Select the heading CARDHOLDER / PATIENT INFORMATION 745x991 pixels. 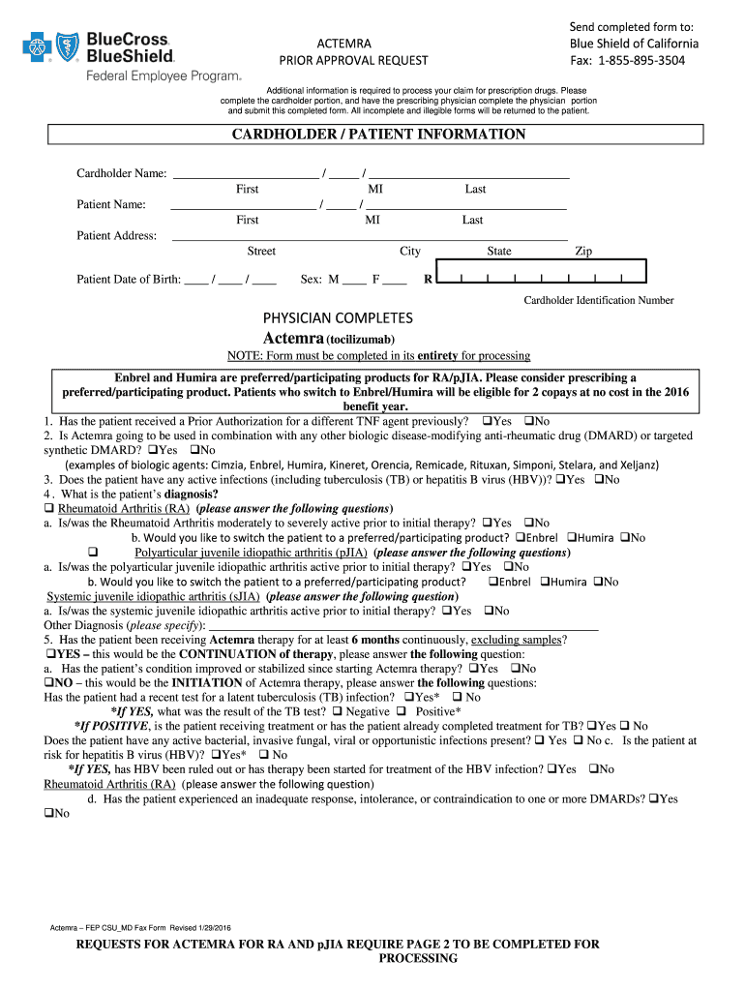(x=378, y=135)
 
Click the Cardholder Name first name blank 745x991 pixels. (x=245, y=173)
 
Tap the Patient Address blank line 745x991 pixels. (x=369, y=235)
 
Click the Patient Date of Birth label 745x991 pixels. (x=129, y=280)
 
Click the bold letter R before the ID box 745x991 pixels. (x=428, y=280)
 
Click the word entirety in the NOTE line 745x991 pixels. (x=436, y=356)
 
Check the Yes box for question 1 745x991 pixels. (x=486, y=421)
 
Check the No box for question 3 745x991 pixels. (x=598, y=479)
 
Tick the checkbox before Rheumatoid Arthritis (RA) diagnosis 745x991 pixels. (x=49, y=508)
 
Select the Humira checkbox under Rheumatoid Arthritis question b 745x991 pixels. (x=571, y=537)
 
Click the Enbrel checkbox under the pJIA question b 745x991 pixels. (x=492, y=582)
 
